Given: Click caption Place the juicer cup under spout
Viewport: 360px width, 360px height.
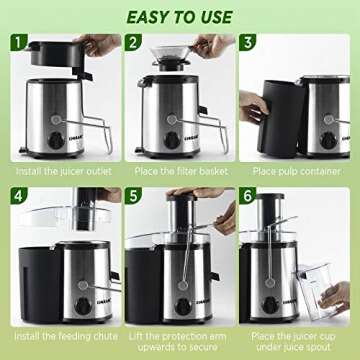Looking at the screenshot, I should pyautogui.click(x=297, y=325).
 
